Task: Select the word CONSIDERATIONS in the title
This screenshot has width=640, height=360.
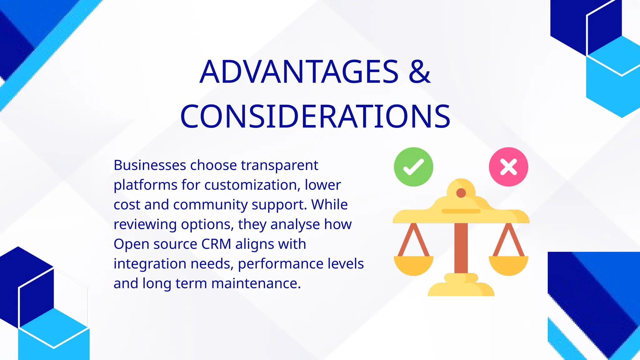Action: click(x=315, y=116)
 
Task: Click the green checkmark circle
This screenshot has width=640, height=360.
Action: click(x=413, y=167)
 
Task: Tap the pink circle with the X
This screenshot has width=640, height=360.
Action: click(x=508, y=167)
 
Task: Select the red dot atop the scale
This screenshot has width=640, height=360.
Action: click(x=461, y=193)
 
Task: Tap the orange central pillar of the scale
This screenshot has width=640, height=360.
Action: click(x=461, y=247)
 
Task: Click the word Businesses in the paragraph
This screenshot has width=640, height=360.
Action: click(x=150, y=165)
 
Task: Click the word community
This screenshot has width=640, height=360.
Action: click(x=210, y=205)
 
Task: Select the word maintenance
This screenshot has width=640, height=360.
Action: click(x=256, y=283)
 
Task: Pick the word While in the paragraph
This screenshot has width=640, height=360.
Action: click(x=329, y=205)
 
